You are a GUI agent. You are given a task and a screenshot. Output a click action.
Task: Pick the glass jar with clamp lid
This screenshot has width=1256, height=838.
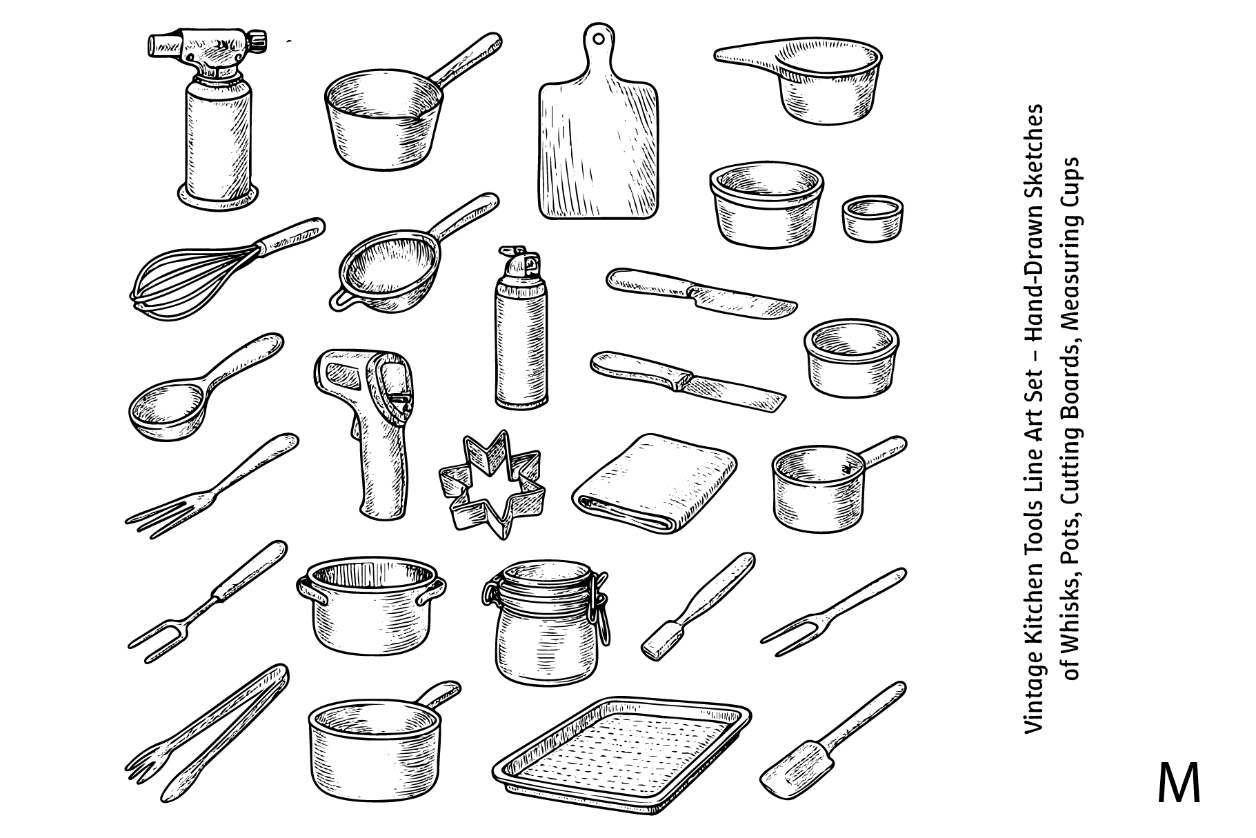545,620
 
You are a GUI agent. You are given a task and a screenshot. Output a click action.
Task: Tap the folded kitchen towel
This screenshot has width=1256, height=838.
655,483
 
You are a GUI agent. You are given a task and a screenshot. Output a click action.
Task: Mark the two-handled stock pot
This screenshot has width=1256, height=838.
372,607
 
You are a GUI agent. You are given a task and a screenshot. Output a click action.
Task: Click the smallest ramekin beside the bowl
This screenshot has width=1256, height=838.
872,217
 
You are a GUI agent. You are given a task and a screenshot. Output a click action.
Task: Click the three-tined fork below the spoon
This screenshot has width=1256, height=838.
210,486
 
